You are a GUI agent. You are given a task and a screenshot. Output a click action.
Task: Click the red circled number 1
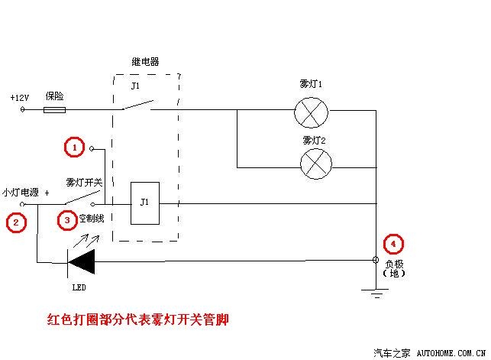click(x=74, y=147)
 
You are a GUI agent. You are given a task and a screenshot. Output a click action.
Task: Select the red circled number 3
click(x=68, y=221)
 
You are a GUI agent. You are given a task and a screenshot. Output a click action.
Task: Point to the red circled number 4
click(x=392, y=245)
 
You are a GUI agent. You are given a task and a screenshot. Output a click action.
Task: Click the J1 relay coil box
click(x=145, y=203)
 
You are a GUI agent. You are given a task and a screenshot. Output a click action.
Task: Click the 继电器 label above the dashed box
click(x=145, y=62)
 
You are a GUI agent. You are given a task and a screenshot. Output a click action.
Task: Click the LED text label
click(x=79, y=288)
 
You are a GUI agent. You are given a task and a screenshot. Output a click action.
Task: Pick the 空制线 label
click(x=93, y=219)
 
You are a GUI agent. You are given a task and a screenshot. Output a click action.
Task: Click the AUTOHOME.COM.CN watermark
click(x=451, y=353)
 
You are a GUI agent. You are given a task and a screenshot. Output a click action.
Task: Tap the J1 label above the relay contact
click(x=135, y=86)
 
